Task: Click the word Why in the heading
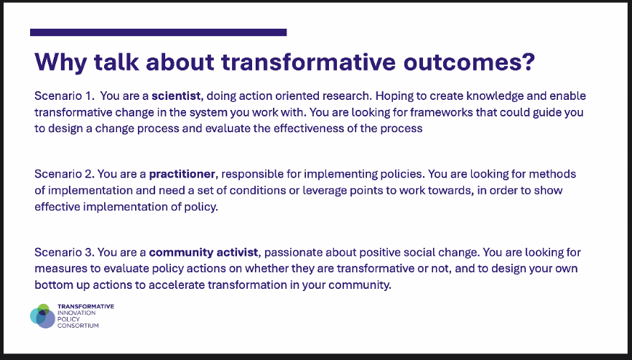61,62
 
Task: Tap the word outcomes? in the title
469,62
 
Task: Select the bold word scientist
176,96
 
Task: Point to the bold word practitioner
182,174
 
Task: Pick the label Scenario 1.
65,96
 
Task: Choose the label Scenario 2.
65,174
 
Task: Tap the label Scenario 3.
65,252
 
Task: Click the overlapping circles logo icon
42,316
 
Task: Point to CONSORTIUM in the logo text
78,326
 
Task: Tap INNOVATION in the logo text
77,313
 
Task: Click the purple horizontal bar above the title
159,32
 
